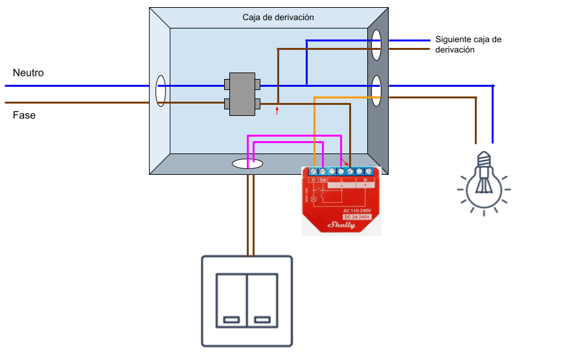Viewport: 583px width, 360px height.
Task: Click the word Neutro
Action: pos(28,73)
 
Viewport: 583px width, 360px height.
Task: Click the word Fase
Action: pos(24,115)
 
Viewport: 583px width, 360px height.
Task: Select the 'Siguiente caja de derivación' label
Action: pos(468,44)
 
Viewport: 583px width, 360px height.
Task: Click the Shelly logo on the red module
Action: pos(341,225)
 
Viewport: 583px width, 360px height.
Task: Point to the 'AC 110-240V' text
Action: pos(356,210)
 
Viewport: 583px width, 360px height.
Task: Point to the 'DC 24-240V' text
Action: pos(356,216)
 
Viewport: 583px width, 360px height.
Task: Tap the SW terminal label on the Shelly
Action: pos(323,180)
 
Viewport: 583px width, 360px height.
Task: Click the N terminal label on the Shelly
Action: pos(365,180)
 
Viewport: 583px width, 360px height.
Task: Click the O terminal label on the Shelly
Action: pos(313,180)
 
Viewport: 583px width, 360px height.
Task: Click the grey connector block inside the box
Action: pos(242,93)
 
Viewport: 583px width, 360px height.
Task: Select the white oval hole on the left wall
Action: pos(160,91)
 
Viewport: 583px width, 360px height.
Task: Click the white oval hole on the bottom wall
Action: pos(247,165)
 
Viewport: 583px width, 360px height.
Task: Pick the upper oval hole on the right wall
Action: pos(376,45)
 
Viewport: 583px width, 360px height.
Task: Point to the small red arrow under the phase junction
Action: pos(277,111)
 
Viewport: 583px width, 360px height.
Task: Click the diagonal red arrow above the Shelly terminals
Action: pos(345,161)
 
